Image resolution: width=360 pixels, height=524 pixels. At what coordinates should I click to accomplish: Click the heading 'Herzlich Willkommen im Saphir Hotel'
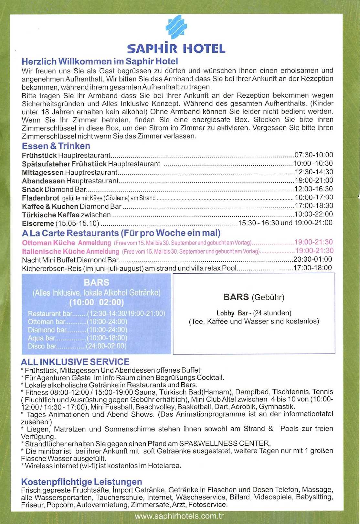click(x=100, y=61)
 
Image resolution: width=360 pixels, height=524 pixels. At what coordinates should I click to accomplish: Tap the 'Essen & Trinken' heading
click(x=56, y=146)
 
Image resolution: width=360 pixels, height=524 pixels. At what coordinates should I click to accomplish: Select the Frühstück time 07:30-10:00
click(x=313, y=155)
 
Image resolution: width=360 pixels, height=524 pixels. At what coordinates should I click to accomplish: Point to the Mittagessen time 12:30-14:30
click(x=313, y=172)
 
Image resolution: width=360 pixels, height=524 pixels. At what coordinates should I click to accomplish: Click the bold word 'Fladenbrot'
click(x=40, y=198)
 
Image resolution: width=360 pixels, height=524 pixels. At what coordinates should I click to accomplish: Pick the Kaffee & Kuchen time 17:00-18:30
click(x=313, y=206)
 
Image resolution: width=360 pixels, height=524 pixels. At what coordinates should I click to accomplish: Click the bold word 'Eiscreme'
click(x=38, y=224)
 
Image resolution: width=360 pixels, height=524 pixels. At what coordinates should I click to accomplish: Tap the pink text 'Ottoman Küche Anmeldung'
click(x=66, y=243)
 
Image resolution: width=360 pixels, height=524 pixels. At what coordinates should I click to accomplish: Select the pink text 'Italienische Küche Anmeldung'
click(x=70, y=251)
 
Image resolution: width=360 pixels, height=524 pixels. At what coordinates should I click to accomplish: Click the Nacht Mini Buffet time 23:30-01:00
click(x=312, y=259)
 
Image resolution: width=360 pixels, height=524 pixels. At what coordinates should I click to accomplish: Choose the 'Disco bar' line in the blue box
click(x=77, y=346)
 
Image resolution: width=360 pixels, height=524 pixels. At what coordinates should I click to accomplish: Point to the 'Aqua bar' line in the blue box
click(x=77, y=338)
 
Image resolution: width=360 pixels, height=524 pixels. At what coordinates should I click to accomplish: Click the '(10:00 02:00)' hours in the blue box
click(x=97, y=302)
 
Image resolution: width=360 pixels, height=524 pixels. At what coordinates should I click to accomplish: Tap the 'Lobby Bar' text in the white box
click(x=232, y=313)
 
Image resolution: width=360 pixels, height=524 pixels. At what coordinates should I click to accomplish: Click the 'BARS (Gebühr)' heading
click(x=254, y=297)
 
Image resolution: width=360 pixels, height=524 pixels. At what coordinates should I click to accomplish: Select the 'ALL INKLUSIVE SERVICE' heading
click(x=75, y=362)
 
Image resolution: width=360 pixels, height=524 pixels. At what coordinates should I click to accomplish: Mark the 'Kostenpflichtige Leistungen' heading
click(x=81, y=482)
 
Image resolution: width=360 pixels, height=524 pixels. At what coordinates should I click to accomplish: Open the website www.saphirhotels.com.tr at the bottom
click(x=179, y=516)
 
